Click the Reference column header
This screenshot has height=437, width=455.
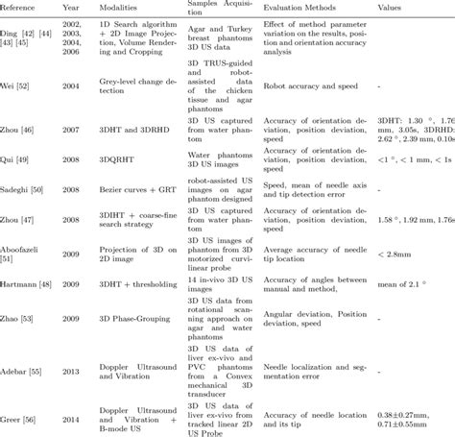20,7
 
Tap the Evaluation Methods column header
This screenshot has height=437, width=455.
297,7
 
